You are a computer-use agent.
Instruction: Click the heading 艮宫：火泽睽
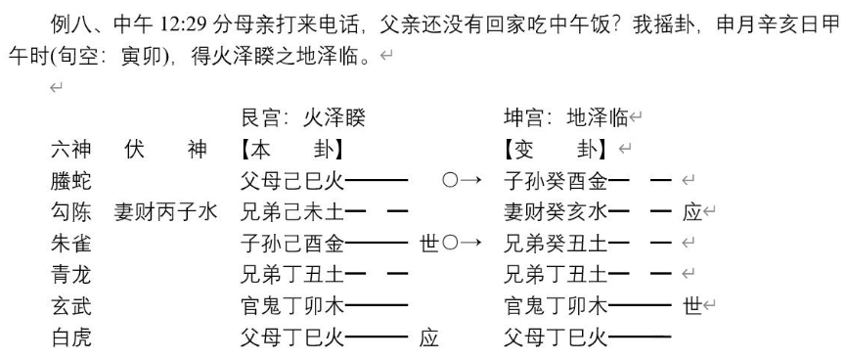click(308, 119)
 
